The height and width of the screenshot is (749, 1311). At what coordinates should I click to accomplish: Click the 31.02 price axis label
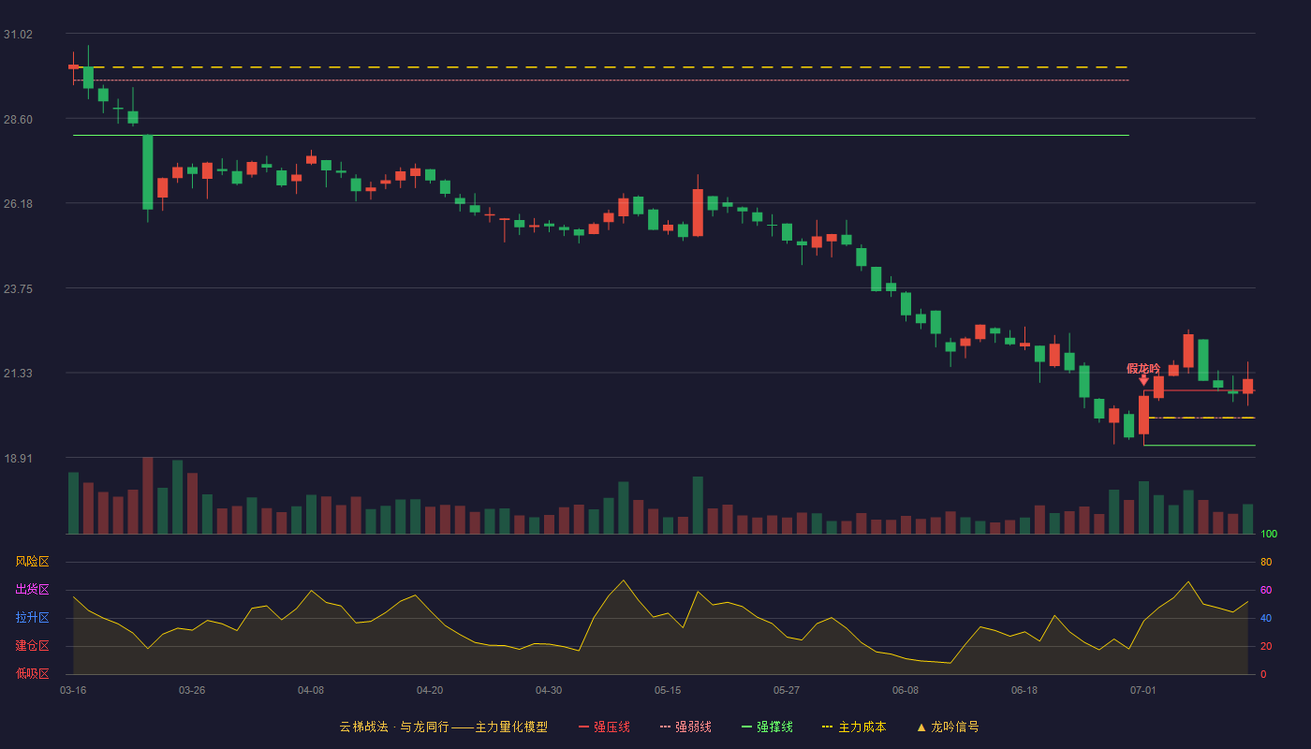(18, 35)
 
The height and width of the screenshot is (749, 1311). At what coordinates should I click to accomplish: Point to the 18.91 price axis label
(18, 458)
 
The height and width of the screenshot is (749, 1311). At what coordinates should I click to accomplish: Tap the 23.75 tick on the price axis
(18, 289)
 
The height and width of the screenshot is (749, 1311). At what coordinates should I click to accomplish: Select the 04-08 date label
(311, 691)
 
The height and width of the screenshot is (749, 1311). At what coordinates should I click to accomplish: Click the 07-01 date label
(1143, 691)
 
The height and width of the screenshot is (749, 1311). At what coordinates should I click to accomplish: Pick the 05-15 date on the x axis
(668, 691)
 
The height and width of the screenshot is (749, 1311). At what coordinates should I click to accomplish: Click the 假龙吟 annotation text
(1143, 369)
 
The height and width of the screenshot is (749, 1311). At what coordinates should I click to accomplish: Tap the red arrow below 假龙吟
(1143, 380)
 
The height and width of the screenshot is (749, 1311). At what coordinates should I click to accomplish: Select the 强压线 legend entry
(604, 727)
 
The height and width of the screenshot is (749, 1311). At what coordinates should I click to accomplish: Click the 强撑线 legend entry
(767, 727)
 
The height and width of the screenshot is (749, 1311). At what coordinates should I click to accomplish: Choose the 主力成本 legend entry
(854, 727)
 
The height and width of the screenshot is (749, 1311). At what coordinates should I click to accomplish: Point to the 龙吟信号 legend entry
(948, 727)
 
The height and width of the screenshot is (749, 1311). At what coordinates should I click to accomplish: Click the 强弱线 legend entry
(685, 727)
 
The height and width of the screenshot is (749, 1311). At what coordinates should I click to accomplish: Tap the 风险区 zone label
(32, 562)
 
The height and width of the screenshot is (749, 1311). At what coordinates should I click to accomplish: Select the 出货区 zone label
(32, 589)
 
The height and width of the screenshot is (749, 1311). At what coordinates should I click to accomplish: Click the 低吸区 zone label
(32, 673)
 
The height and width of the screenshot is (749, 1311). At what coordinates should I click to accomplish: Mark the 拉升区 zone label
(32, 617)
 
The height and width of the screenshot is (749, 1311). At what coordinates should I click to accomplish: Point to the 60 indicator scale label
(1266, 590)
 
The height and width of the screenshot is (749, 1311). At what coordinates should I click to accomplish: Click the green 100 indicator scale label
(1269, 534)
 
